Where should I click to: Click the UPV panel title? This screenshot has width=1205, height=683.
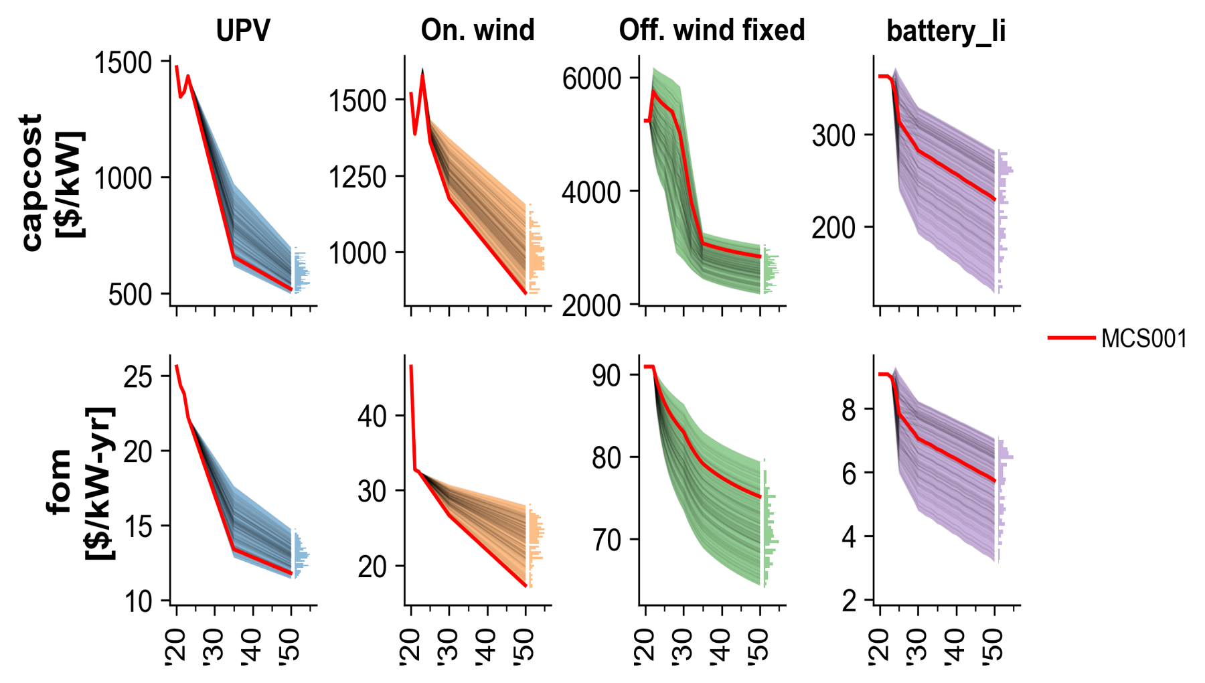coord(243,31)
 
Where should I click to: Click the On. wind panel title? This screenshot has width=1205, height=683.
coord(477,31)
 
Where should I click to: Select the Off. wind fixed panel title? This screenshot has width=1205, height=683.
coord(712,31)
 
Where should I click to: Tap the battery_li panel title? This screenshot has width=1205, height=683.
coord(946,31)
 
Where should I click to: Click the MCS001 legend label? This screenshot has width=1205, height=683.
coord(1144,339)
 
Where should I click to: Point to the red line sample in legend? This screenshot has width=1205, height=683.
coord(1071,338)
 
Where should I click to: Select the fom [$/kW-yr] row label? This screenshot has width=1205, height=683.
coord(80,482)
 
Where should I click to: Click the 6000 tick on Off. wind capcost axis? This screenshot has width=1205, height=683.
coord(592,79)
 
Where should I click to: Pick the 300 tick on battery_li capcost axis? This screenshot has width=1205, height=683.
coord(833,136)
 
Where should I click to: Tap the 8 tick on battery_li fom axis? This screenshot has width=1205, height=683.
coord(849,410)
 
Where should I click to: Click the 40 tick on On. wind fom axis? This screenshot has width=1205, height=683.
coord(372,416)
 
